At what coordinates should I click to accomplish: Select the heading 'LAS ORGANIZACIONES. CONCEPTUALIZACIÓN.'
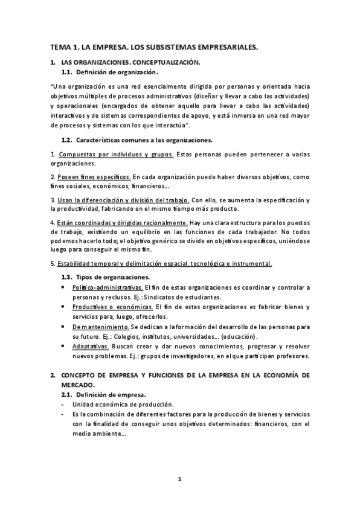click(130, 63)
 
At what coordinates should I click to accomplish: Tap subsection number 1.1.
click(68, 72)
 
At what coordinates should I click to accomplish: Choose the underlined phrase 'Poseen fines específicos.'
click(94, 176)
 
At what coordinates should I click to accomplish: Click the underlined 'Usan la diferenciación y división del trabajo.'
click(124, 199)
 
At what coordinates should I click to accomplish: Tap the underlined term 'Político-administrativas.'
click(108, 287)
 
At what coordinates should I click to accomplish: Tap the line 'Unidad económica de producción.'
click(123, 404)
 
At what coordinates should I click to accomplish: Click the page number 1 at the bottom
click(179, 479)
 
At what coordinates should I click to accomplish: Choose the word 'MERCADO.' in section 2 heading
click(78, 384)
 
